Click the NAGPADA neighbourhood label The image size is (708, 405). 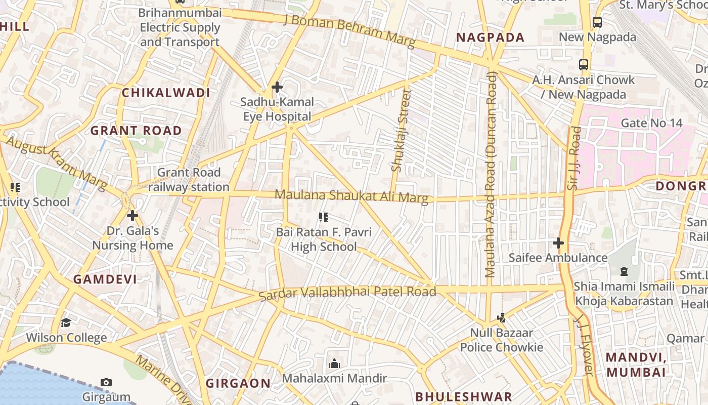coord(490,37)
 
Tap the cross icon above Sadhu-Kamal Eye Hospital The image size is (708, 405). coord(277,87)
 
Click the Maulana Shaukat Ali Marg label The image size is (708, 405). coord(351,196)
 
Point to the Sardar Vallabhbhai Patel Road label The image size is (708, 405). coord(347,293)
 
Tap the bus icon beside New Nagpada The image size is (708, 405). coord(597,22)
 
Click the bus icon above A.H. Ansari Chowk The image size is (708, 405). coord(584,65)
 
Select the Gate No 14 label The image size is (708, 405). coord(651,123)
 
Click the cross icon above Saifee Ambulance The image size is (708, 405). coord(558,244)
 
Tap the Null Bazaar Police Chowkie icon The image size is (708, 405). coord(501,318)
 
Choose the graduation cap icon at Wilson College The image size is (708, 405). coord(66,323)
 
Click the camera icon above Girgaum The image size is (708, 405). coord(106,382)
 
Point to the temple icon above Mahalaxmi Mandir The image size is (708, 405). coord(334,363)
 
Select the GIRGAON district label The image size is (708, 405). coord(238,383)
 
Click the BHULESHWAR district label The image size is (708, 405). coord(464,396)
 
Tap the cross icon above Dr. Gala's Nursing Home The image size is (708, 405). coord(132,216)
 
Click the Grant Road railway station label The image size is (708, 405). coord(189,180)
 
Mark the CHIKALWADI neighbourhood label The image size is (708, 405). coord(166,93)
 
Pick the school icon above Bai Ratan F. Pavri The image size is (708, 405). coord(324,218)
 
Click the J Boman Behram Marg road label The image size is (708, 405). coord(349,30)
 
